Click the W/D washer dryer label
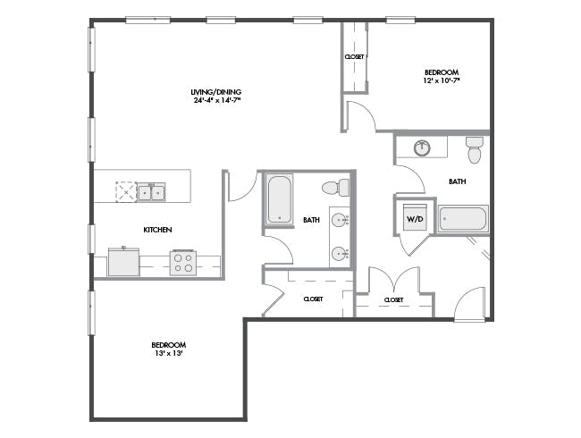click(415, 219)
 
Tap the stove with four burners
click(183, 263)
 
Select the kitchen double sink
click(151, 192)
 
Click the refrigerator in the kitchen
click(123, 262)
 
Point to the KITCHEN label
click(157, 230)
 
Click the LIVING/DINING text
click(216, 92)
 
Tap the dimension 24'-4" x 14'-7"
click(217, 100)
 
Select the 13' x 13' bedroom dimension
click(169, 353)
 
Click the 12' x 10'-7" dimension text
click(442, 80)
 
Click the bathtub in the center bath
click(280, 199)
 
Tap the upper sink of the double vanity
click(340, 220)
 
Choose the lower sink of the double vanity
click(340, 254)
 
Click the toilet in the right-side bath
click(475, 150)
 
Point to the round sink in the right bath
click(422, 147)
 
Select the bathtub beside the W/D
click(463, 219)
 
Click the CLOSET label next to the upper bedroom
click(354, 56)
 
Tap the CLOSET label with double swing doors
click(393, 299)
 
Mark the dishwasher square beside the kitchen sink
click(126, 192)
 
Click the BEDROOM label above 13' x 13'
click(169, 345)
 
